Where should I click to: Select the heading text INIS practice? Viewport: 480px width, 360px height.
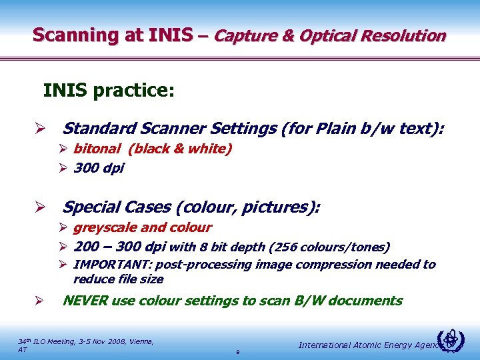coord(109,90)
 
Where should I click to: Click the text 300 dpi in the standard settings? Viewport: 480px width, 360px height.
coord(99,168)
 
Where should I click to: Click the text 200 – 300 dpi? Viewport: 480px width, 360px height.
coord(120,247)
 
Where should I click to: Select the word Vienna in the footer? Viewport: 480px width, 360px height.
coord(137,341)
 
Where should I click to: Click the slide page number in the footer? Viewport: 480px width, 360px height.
coord(237,351)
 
